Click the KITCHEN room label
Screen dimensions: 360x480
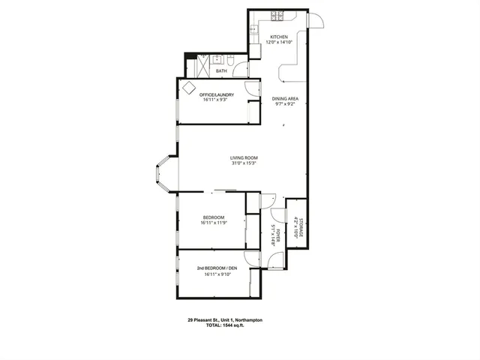click(x=278, y=37)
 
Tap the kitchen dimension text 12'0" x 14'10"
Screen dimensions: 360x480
click(x=278, y=43)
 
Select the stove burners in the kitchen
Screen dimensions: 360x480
click(x=275, y=14)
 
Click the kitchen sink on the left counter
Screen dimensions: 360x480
click(x=253, y=31)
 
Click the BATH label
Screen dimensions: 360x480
click(x=221, y=72)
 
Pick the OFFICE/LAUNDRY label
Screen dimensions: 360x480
click(x=217, y=94)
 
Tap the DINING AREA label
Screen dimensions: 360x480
click(x=286, y=99)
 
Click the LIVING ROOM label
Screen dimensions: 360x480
click(x=244, y=157)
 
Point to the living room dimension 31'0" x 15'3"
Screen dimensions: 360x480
click(x=244, y=163)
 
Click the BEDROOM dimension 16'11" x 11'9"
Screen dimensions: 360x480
click(x=214, y=223)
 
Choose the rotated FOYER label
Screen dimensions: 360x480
click(x=277, y=238)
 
